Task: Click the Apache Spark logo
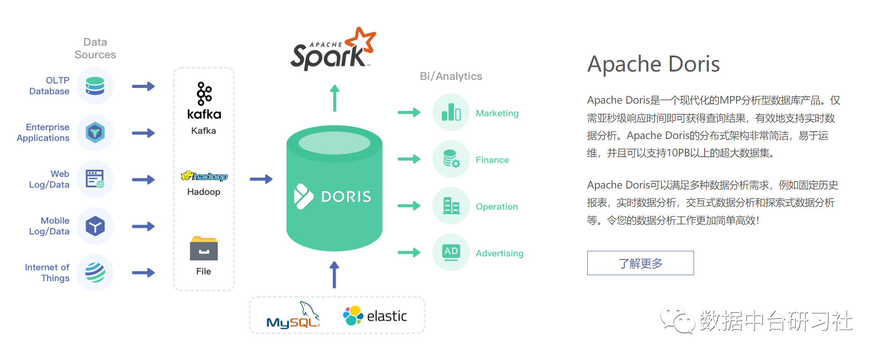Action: (333, 50)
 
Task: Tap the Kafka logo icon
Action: (204, 94)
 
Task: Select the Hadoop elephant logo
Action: (204, 176)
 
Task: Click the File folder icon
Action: (204, 249)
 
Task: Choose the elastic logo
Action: (375, 316)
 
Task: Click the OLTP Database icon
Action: (95, 86)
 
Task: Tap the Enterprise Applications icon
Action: (95, 133)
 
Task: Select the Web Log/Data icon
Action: (95, 179)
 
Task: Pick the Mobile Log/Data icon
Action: (95, 226)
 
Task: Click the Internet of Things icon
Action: (95, 272)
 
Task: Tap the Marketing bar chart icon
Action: (451, 112)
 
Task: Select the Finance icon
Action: (451, 159)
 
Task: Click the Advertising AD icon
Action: (451, 252)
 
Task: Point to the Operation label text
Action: (497, 207)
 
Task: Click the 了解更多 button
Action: (640, 263)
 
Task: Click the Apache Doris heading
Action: (654, 64)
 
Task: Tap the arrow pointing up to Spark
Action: (335, 98)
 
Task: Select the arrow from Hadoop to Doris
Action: (261, 179)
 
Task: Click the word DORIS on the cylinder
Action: (346, 197)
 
